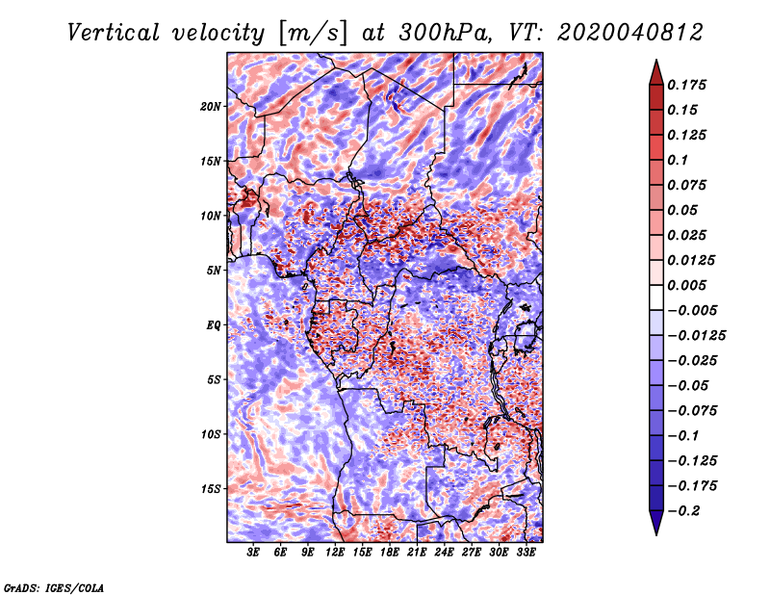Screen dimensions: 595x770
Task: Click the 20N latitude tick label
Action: (211, 106)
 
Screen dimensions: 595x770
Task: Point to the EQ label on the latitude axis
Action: (213, 325)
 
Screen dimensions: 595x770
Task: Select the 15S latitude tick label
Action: (211, 489)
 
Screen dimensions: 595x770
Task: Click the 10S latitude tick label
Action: (211, 434)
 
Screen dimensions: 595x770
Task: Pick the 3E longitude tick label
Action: (254, 554)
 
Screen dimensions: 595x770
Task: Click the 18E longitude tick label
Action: (390, 554)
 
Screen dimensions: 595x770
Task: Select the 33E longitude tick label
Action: (526, 554)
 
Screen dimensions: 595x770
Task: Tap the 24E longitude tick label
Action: (444, 554)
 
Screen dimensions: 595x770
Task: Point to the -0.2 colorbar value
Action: (688, 510)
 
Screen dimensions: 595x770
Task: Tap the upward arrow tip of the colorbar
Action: (654, 63)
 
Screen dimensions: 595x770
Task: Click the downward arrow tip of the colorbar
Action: (654, 532)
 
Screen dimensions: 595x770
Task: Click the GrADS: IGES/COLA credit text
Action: (53, 586)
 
